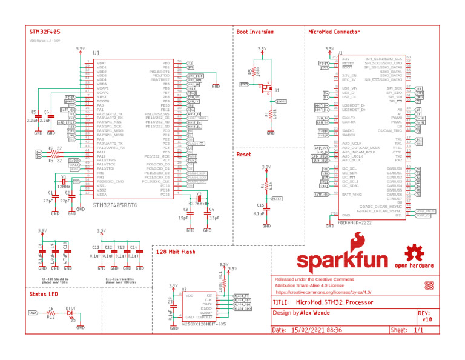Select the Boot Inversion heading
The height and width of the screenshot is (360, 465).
(255, 32)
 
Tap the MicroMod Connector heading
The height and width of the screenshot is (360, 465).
(334, 31)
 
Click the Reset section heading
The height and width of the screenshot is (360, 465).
(243, 155)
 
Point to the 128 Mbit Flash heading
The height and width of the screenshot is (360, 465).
(176, 251)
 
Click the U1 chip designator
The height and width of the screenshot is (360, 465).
(96, 53)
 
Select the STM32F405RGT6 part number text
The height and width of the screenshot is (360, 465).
(116, 205)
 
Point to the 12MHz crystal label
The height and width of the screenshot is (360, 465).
(63, 187)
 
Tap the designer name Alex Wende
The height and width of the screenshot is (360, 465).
(315, 313)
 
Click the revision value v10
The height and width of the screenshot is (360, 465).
(427, 319)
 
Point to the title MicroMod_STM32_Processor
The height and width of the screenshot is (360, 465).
(331, 301)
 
